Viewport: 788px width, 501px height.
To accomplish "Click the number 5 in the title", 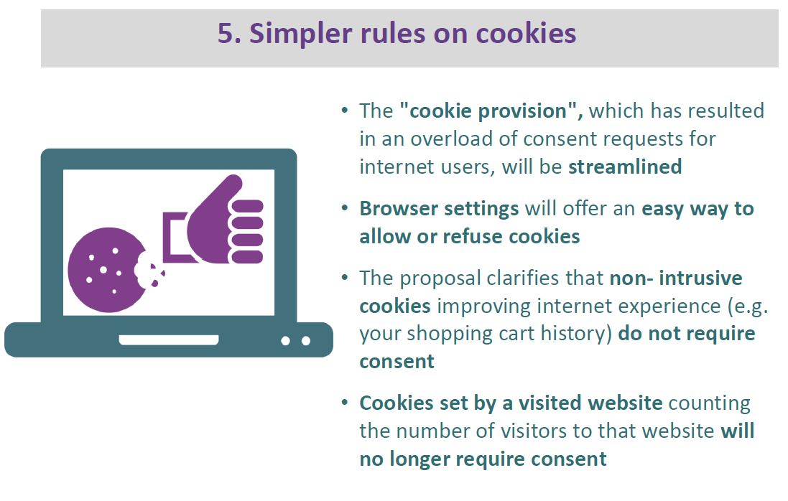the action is pos(226,34).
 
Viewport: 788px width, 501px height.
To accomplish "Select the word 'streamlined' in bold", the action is pos(625,167).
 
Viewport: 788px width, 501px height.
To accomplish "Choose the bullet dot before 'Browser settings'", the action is pos(344,208).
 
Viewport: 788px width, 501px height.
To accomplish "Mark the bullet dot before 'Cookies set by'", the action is pos(344,402).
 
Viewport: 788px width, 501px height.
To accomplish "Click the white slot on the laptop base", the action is pos(168,340).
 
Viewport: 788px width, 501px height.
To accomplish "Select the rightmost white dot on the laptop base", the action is pos(306,341).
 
